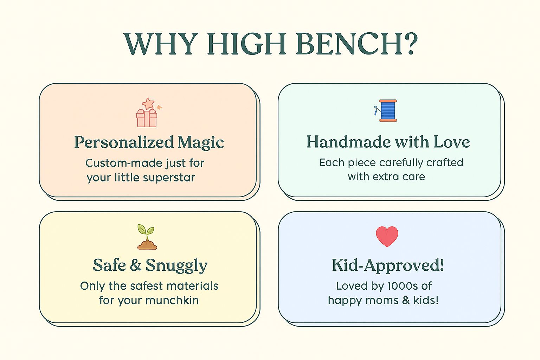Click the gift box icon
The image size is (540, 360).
coord(147,118)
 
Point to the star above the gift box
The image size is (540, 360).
coord(148,104)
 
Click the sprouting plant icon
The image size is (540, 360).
coord(147,237)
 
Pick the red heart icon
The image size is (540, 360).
coord(387,236)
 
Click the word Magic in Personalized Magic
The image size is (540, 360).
coord(201,143)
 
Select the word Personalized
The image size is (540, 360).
coord(124,142)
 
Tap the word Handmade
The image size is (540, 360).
coord(348,142)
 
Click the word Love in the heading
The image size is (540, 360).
coord(451,142)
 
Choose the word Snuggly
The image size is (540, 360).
coord(176,266)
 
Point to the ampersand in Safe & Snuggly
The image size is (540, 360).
coord(135,265)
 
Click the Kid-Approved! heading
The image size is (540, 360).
coord(388,265)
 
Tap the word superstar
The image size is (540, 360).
coord(169,178)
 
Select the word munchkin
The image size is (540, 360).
coord(172,301)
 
